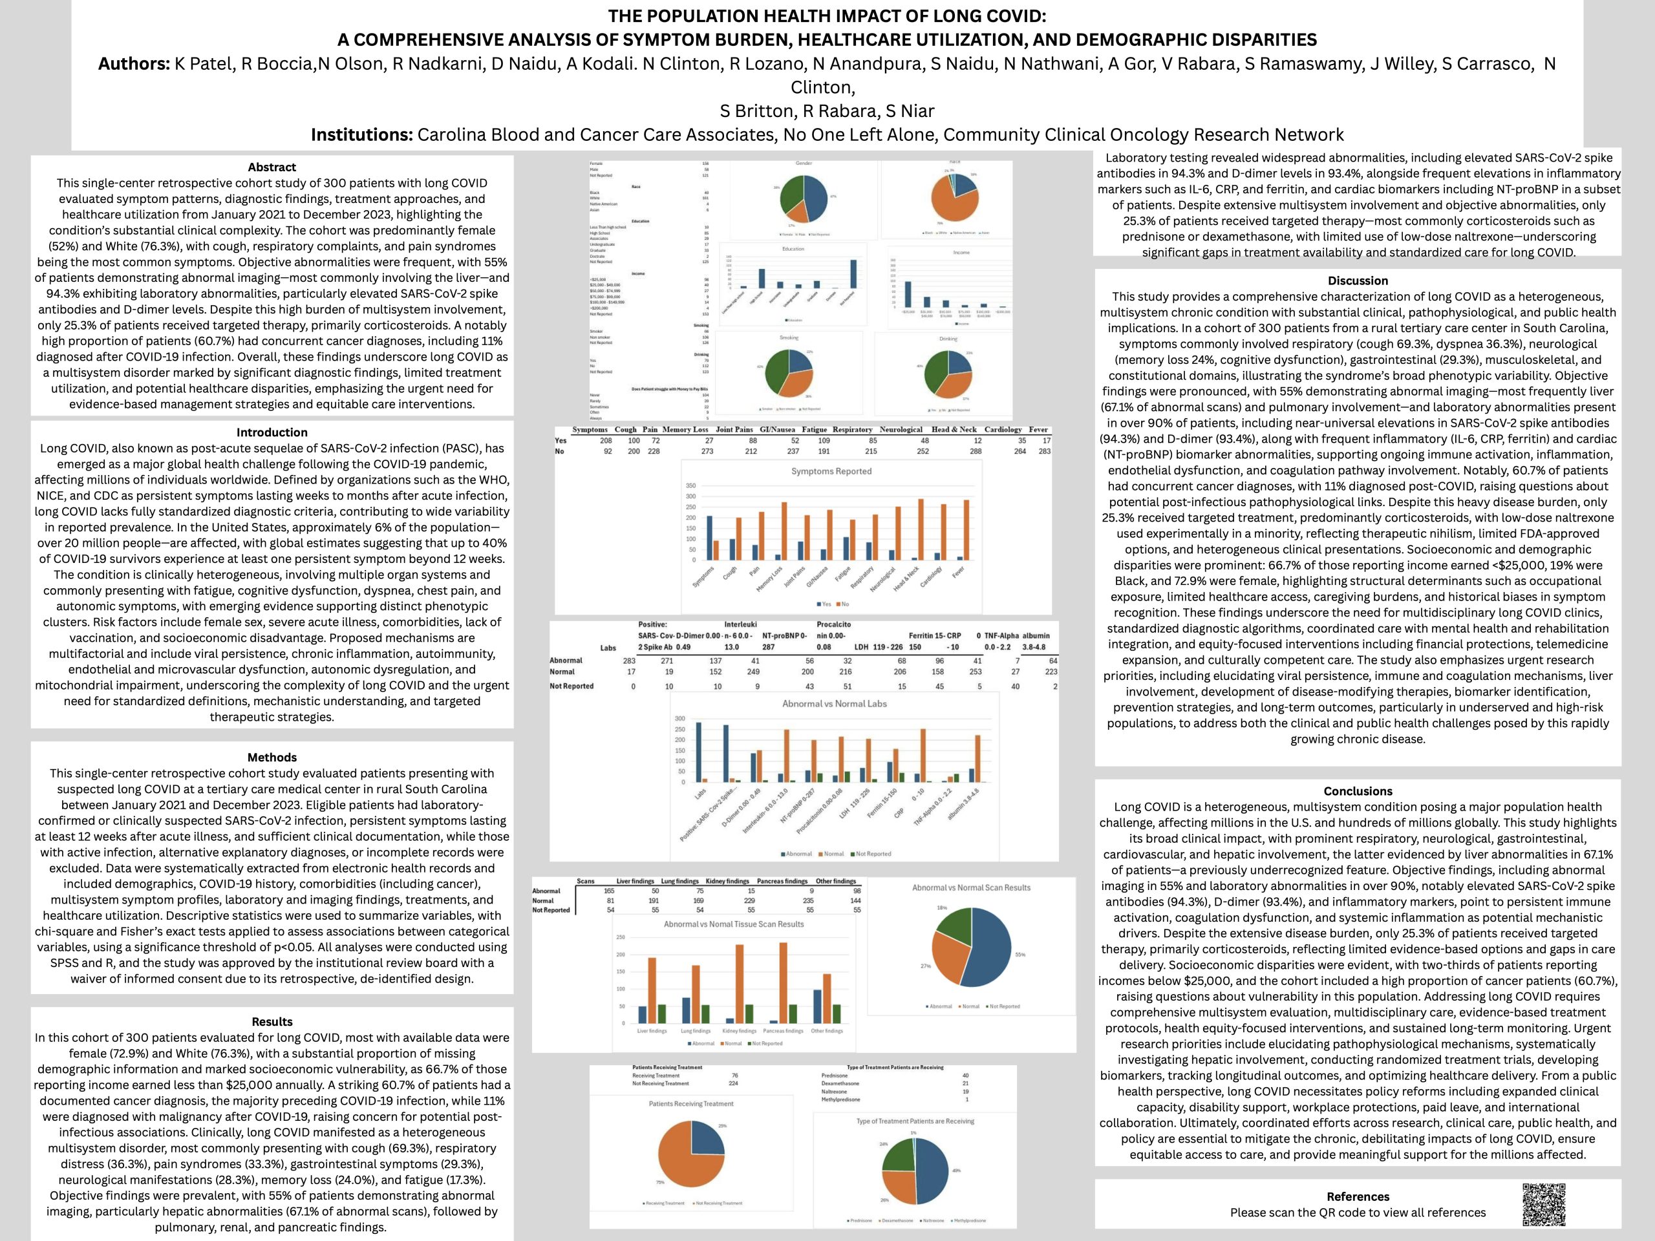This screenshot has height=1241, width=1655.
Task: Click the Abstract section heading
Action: click(272, 167)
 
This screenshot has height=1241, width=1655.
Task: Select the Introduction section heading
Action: click(272, 432)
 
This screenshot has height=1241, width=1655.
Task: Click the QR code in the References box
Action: click(1544, 1204)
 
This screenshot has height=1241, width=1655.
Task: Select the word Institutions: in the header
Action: click(361, 134)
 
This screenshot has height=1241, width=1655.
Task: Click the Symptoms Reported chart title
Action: click(831, 471)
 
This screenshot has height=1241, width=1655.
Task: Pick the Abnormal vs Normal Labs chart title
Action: click(833, 704)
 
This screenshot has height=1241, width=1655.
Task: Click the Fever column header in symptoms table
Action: click(1038, 429)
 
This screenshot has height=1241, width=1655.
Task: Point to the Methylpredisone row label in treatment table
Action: click(840, 1099)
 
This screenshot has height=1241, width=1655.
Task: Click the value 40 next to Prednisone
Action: click(965, 1076)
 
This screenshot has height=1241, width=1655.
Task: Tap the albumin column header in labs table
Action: click(1036, 636)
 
